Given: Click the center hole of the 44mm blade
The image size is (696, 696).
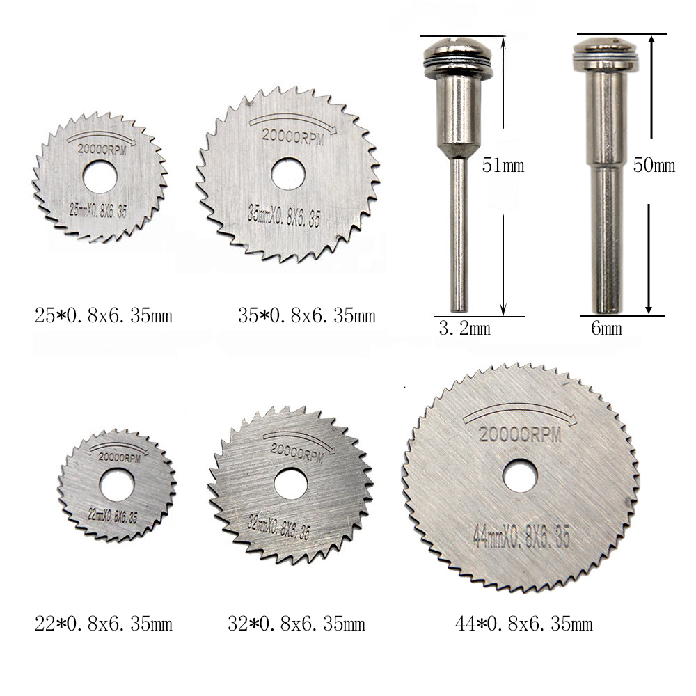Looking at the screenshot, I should (x=520, y=476).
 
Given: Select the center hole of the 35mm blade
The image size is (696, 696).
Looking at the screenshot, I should (x=288, y=174).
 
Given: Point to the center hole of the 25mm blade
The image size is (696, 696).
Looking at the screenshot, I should (x=100, y=176).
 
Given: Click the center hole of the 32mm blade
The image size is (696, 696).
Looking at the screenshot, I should (x=290, y=483).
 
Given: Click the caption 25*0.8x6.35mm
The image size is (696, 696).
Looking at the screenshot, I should (x=103, y=316).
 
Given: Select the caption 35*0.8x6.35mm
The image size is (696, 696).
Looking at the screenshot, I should (x=306, y=316).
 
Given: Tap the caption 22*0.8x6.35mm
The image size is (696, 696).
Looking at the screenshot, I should (x=103, y=624).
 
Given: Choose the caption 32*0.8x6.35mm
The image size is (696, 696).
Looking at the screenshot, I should (x=296, y=624).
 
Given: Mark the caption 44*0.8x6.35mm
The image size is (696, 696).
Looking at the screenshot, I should (x=523, y=624).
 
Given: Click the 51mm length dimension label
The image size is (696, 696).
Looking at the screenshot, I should (x=503, y=166).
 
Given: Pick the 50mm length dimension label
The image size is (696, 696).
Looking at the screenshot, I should (x=654, y=166).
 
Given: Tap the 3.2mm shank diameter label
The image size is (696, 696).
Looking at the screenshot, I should (x=464, y=329).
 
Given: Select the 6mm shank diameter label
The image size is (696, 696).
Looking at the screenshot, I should (x=606, y=329).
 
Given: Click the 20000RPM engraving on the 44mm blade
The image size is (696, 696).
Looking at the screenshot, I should (x=520, y=435).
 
